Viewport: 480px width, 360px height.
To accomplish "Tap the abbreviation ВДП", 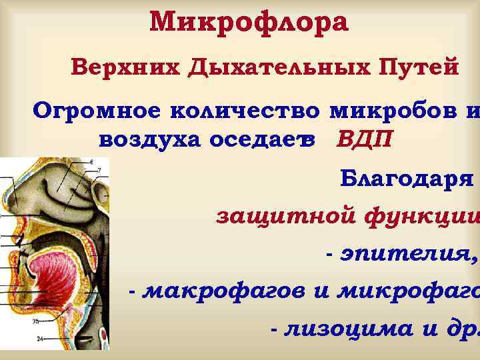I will point(365,141).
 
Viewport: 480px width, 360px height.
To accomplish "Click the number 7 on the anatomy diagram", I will point(99,170).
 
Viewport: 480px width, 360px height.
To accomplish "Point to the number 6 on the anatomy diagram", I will point(91,162).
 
